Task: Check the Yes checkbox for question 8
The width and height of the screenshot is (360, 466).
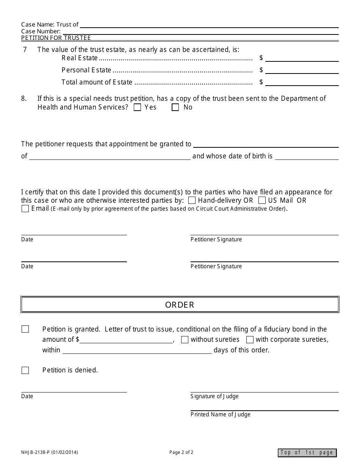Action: click(x=138, y=108)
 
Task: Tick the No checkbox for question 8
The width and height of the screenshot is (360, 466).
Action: click(x=175, y=108)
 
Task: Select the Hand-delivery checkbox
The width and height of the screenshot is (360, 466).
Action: click(x=192, y=200)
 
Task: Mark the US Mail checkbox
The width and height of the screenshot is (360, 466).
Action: click(x=262, y=200)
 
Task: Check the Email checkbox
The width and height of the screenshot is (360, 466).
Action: click(x=25, y=209)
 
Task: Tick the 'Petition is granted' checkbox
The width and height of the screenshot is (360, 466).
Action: click(x=25, y=329)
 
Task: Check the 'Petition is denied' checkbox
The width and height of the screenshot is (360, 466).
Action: click(x=25, y=371)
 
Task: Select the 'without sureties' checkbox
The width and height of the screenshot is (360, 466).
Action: click(x=185, y=340)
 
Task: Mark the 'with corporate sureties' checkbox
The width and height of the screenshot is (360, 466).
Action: click(x=250, y=340)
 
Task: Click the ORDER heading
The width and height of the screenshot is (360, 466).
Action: click(x=180, y=305)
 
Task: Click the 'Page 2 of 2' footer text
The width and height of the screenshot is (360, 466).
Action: click(x=181, y=452)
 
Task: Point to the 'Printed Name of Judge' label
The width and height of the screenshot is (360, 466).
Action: click(x=220, y=414)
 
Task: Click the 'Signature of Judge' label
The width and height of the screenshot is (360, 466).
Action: click(x=214, y=396)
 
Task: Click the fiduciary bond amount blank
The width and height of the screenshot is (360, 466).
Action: click(x=126, y=339)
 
